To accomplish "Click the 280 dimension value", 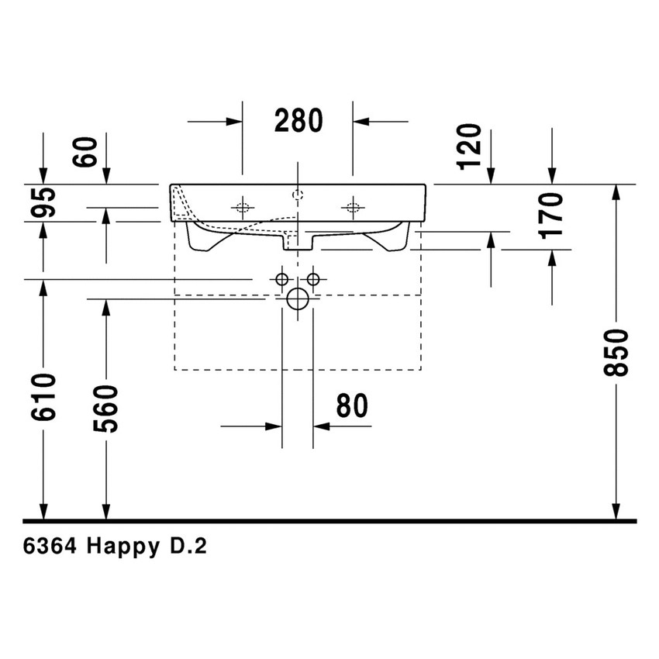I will click(x=298, y=121).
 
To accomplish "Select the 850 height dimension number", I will click(x=616, y=353).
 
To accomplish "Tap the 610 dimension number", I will click(x=45, y=397).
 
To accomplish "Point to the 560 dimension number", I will click(x=105, y=409).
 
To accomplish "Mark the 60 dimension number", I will click(x=88, y=152).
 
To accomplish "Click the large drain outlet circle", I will click(x=298, y=298).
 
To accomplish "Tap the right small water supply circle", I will click(x=313, y=278).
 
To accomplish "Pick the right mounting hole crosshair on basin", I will click(x=353, y=207).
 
